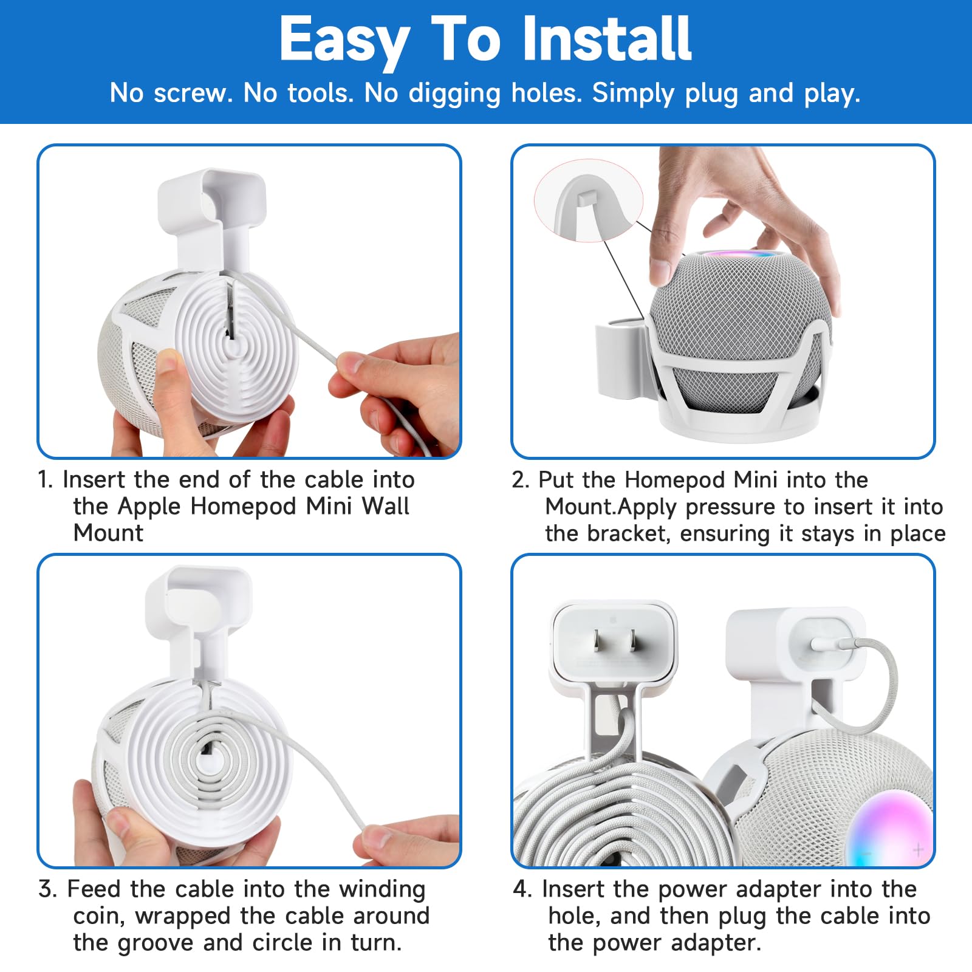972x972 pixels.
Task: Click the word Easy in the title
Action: point(344,40)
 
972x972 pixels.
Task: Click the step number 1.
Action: point(45,480)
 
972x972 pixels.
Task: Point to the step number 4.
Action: point(522,889)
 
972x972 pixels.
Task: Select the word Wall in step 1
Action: point(385,507)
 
